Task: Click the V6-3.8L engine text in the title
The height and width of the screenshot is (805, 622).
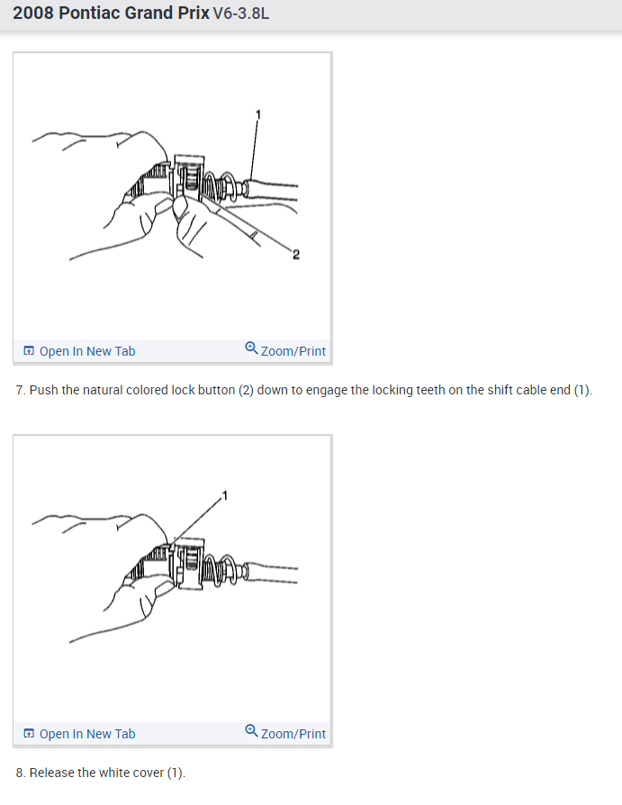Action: pyautogui.click(x=240, y=14)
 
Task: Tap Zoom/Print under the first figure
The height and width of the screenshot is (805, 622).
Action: pyautogui.click(x=293, y=351)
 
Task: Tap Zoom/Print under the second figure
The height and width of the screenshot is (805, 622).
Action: pyautogui.click(x=293, y=734)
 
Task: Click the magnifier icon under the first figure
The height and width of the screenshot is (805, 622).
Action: pyautogui.click(x=251, y=348)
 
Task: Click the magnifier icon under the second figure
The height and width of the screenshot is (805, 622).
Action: pyautogui.click(x=251, y=730)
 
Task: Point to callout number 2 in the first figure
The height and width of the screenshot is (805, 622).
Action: pyautogui.click(x=295, y=255)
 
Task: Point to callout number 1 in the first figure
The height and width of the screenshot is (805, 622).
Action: pyautogui.click(x=258, y=114)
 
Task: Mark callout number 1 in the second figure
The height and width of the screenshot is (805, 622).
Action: pyautogui.click(x=224, y=495)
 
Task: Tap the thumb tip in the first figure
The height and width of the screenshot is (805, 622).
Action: pyautogui.click(x=180, y=206)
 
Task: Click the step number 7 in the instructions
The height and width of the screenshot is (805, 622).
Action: pyautogui.click(x=21, y=390)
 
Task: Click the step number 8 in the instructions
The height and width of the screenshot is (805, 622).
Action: pyautogui.click(x=21, y=773)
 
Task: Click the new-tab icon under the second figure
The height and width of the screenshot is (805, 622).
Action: pyautogui.click(x=29, y=734)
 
